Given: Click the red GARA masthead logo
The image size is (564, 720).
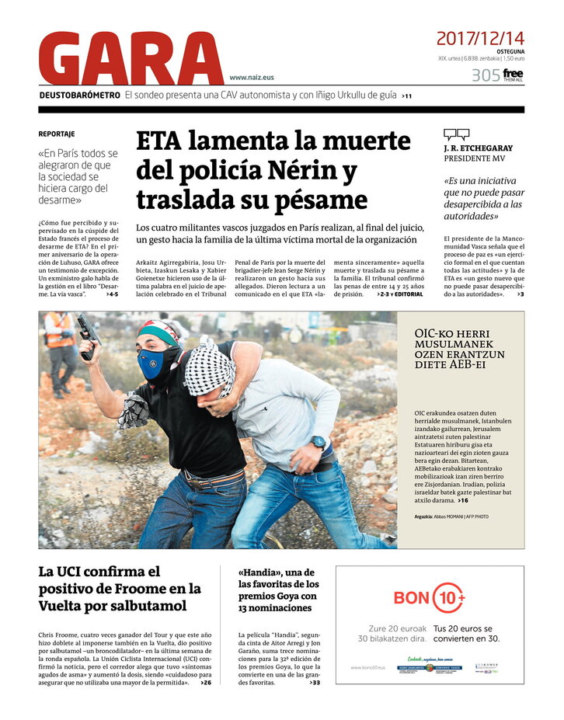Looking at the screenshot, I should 120,60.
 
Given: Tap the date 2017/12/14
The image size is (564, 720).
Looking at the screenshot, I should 479,38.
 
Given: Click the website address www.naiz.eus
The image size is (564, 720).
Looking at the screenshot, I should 252,78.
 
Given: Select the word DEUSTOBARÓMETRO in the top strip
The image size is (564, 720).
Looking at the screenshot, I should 80,96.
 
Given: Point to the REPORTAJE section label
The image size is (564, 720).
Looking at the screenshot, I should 57,134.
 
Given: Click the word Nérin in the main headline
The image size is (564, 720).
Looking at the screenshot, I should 299,170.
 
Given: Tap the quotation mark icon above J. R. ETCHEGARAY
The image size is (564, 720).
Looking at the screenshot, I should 456,134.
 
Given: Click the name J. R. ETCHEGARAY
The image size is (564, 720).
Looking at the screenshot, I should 478,148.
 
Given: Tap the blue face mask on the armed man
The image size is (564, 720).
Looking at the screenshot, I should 151,363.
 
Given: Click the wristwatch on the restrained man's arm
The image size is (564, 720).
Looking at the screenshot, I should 319,443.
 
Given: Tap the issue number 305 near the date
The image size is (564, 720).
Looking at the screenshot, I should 485,75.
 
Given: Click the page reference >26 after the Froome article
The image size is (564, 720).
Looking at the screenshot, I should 205,683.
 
